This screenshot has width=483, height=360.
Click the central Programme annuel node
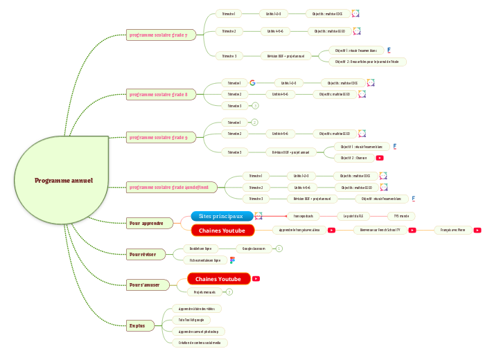tap(64, 181)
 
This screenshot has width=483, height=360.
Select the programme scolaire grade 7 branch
tap(162, 35)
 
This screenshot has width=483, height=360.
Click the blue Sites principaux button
tap(221, 217)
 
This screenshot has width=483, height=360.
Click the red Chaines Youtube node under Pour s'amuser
tap(218, 279)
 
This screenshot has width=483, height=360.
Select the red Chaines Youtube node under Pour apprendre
tap(222, 230)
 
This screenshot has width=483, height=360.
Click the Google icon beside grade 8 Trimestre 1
tap(253, 82)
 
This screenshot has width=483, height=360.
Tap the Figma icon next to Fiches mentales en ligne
tap(233, 260)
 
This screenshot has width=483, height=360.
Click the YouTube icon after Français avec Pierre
tap(477, 230)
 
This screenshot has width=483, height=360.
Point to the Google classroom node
tap(254, 248)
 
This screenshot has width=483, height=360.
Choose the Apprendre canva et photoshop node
tap(197, 332)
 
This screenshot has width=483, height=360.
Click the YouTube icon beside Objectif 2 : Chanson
tap(380, 158)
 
